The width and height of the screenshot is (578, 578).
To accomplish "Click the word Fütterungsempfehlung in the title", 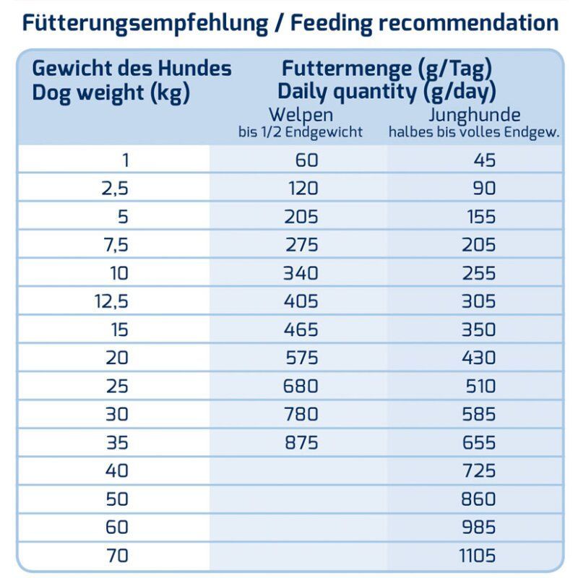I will point(144,22).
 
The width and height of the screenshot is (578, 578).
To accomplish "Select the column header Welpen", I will point(301,115).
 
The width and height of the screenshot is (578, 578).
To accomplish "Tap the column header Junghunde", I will point(474,115).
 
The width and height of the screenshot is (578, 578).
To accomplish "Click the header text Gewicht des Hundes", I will point(132,69).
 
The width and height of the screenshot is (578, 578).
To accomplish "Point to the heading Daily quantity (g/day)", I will point(387,92).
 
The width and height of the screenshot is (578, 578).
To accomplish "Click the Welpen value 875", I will point(301,442).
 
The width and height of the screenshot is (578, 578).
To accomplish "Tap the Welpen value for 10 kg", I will point(301,273).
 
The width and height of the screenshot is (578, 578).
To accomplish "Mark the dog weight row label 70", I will point(116,556).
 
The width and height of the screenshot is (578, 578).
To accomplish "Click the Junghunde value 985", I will point(480,527).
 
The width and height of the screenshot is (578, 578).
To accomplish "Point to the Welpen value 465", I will point(301,329).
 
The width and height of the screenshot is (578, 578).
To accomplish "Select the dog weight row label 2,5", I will point(115,189).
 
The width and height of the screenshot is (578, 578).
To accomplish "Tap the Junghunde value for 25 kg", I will point(480,386).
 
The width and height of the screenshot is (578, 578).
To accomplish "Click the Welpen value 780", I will point(301,414).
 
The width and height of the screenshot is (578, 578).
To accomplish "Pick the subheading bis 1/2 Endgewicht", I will point(301,132).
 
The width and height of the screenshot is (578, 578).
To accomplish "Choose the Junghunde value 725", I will point(480,470).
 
